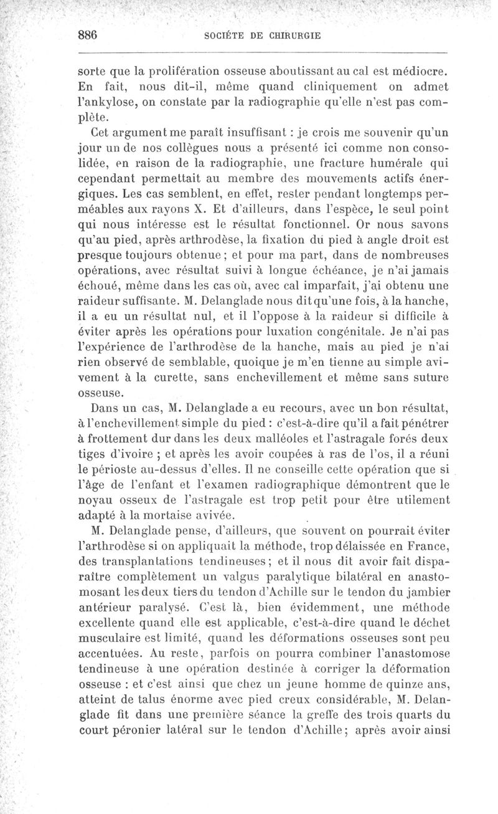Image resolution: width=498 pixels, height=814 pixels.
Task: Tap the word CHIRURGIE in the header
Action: (x=294, y=36)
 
